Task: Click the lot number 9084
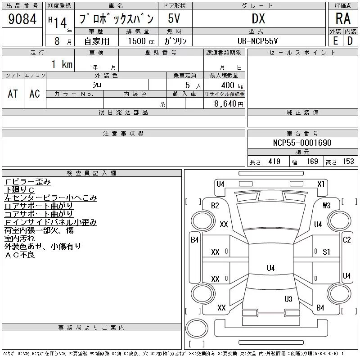[x=22, y=18]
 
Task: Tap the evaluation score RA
[x=343, y=18]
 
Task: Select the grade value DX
[x=258, y=18]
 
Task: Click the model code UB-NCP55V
[x=257, y=41]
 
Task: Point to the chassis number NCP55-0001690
[x=302, y=143]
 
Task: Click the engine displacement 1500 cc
[x=141, y=41]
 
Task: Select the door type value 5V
[x=174, y=18]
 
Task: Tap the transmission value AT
[x=13, y=94]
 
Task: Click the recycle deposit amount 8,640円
[x=229, y=104]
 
